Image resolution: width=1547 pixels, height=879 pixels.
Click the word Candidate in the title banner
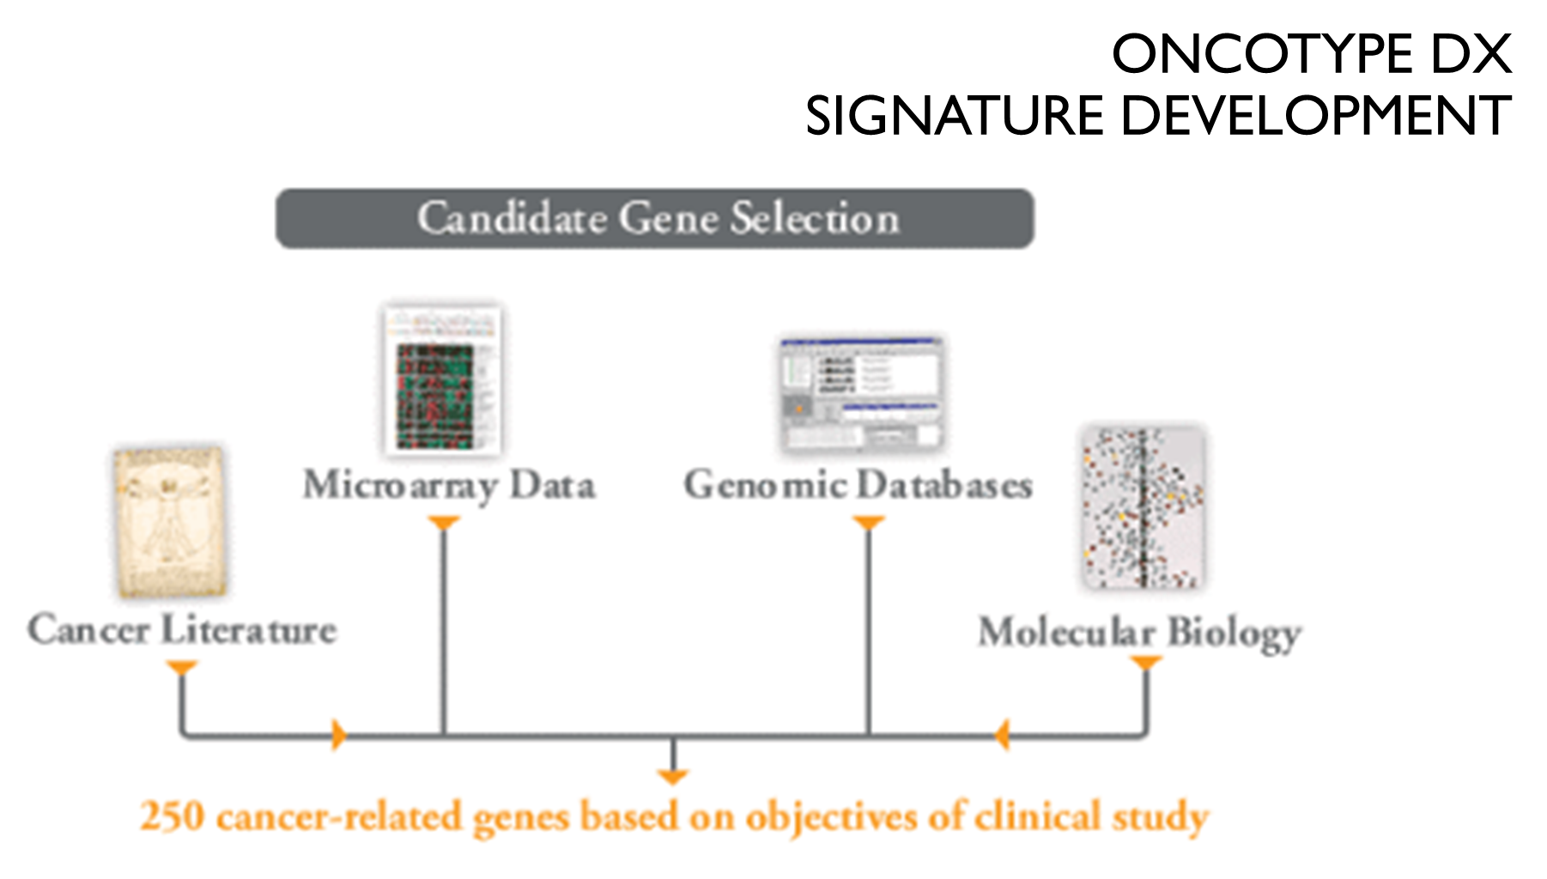(x=512, y=218)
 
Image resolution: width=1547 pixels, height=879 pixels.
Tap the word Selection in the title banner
(x=815, y=218)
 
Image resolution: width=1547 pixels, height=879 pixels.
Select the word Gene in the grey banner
(x=668, y=218)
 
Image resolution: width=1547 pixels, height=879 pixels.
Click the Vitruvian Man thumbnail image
(x=170, y=522)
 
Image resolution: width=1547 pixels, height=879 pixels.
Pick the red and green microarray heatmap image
(x=442, y=380)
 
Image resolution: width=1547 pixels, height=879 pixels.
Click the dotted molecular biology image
(x=1142, y=508)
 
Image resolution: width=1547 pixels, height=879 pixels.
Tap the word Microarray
(x=400, y=486)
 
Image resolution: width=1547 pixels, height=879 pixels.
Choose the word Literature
(x=248, y=629)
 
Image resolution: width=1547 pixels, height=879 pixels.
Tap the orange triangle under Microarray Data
(x=443, y=522)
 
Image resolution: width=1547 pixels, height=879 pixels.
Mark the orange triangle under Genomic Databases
(x=868, y=522)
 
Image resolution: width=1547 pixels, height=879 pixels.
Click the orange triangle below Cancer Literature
(x=182, y=667)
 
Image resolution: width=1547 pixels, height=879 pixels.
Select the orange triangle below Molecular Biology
(x=1146, y=663)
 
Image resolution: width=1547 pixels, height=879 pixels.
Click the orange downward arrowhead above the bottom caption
(x=672, y=777)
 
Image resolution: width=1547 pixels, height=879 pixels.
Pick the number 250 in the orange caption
(x=172, y=816)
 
